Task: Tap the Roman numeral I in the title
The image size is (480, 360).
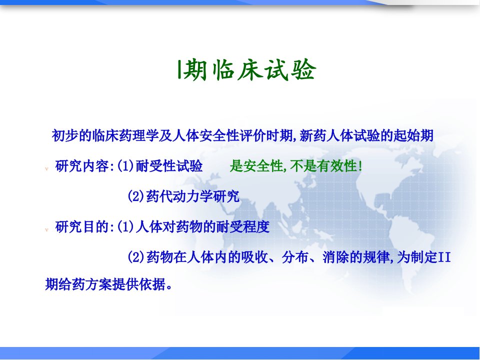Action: (x=179, y=69)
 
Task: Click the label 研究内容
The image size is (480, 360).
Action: (x=81, y=166)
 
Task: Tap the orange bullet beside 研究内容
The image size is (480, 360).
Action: (x=47, y=168)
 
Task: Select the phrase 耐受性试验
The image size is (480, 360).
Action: (x=169, y=166)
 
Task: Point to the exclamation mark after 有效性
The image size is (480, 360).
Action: (x=360, y=166)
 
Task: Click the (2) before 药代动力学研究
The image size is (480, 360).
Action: (x=135, y=196)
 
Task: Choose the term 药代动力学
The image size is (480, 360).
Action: (x=179, y=196)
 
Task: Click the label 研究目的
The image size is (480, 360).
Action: (x=81, y=227)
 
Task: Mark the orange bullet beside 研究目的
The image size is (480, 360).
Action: (x=47, y=229)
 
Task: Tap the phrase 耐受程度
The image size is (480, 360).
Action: (x=243, y=227)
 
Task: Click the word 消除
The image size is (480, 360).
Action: (x=336, y=257)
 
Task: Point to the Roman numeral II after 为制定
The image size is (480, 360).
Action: (x=445, y=257)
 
